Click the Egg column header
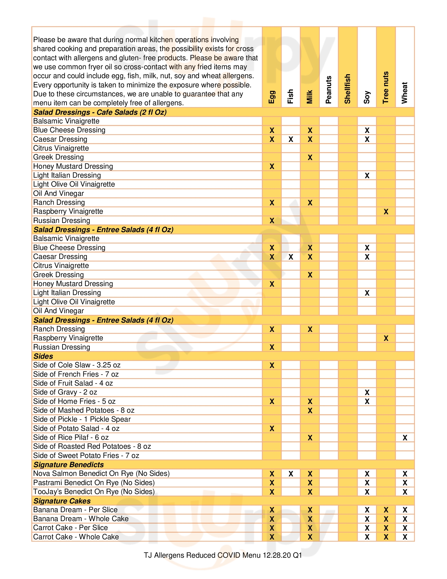click(272, 97)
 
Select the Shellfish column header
click(347, 89)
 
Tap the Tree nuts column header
click(386, 87)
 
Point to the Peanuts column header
click(329, 89)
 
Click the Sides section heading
click(43, 356)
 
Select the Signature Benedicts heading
click(68, 465)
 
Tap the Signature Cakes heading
click(62, 501)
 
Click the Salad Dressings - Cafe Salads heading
click(100, 112)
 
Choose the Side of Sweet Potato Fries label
click(86, 456)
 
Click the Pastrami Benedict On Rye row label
click(94, 482)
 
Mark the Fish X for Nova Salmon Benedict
click(291, 474)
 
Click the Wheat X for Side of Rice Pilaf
click(405, 438)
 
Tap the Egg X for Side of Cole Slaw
click(272, 365)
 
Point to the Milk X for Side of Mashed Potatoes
click(310, 410)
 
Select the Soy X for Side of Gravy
click(367, 392)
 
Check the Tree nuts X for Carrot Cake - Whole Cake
click(386, 537)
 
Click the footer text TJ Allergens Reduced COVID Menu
click(223, 555)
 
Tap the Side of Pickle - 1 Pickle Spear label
click(82, 419)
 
